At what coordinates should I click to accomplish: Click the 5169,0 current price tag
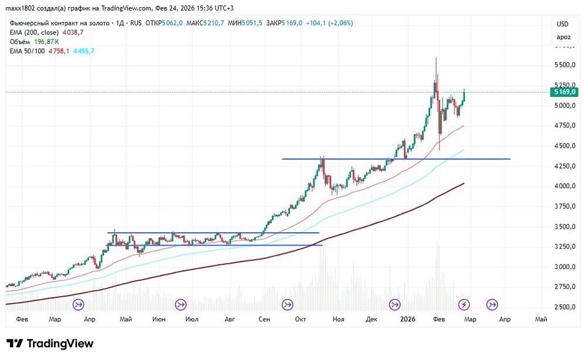tap(565, 92)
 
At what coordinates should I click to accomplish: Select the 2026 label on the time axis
tap(407, 320)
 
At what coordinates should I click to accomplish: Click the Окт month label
tap(301, 320)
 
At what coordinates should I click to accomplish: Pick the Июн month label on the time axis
tap(158, 320)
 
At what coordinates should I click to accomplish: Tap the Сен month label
tap(264, 320)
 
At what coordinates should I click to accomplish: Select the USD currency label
tap(563, 24)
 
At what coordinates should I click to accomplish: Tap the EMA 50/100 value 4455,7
tap(83, 51)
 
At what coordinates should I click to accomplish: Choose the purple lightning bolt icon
tap(464, 304)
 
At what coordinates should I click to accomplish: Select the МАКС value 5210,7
tap(220, 23)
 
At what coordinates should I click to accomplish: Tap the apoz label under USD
tap(563, 38)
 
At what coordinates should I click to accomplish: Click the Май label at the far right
tap(541, 320)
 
